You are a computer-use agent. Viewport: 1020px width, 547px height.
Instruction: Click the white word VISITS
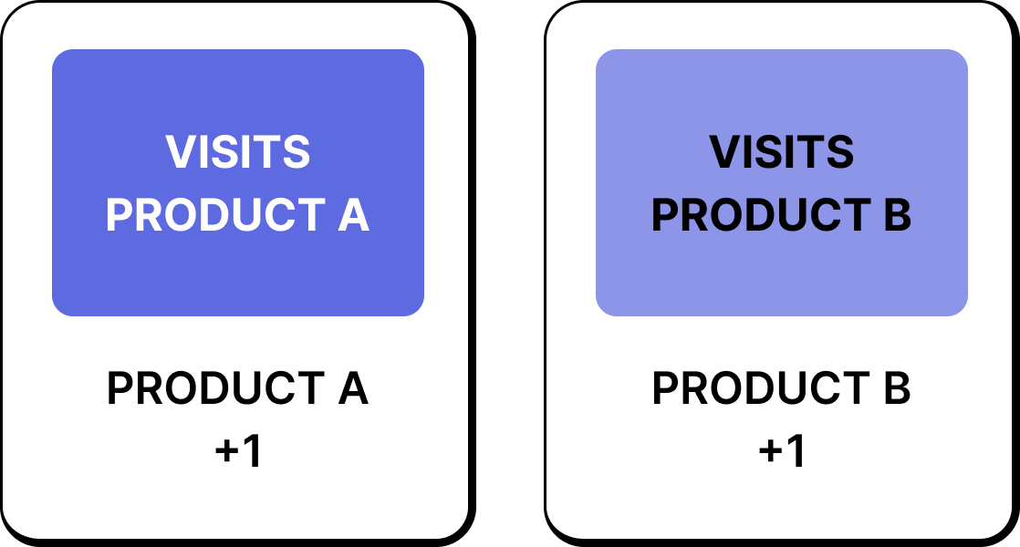click(238, 152)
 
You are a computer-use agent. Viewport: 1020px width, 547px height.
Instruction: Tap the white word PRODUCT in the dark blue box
click(209, 215)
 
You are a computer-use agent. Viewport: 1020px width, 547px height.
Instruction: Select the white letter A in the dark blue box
click(351, 215)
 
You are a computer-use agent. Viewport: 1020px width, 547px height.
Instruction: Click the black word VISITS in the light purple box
click(782, 152)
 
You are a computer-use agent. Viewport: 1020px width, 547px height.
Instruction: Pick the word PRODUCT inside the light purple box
click(755, 215)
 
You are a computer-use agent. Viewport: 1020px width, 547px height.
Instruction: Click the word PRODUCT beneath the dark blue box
click(210, 389)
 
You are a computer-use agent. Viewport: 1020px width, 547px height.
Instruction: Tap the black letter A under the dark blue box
click(351, 389)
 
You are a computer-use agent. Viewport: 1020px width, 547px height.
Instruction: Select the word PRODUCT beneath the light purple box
click(755, 389)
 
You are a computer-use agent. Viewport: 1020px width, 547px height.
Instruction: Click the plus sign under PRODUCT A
click(227, 452)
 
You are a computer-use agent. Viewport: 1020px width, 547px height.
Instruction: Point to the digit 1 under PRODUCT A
click(252, 451)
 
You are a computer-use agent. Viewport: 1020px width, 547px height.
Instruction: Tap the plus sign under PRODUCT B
click(771, 452)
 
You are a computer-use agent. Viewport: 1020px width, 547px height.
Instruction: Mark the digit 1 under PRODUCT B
click(796, 451)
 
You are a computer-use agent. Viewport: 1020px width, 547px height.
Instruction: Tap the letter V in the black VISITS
click(725, 152)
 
